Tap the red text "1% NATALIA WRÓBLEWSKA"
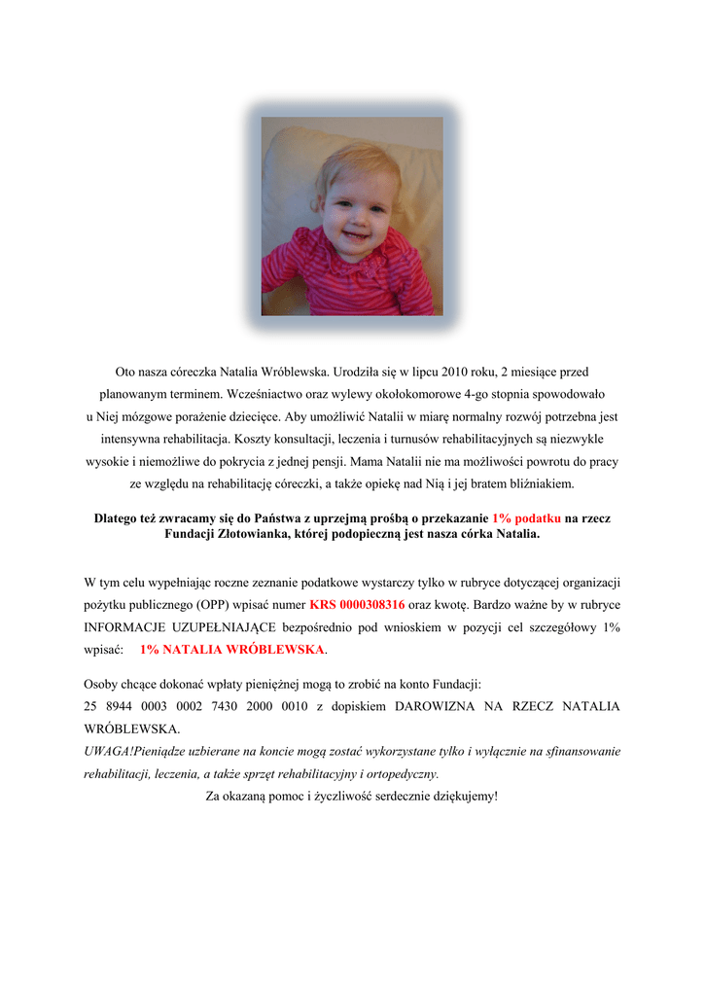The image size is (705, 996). (x=231, y=649)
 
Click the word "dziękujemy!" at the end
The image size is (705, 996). (x=461, y=797)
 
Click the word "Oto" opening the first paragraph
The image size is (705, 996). (x=125, y=372)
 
